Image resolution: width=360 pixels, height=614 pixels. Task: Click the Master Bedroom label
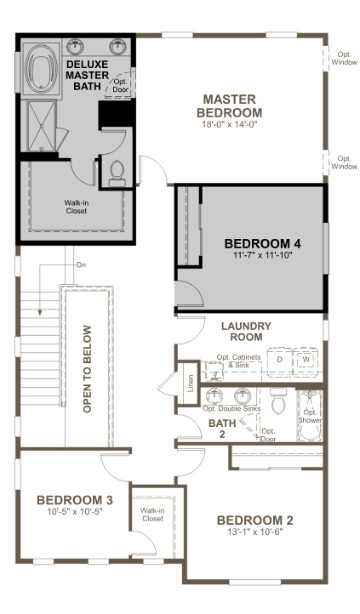[229, 105]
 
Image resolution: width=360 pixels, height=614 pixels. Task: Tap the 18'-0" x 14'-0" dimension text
[229, 124]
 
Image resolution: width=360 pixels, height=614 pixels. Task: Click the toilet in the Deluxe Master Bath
[117, 174]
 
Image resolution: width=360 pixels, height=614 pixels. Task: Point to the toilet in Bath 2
[278, 401]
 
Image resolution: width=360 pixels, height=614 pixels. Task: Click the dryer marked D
[280, 361]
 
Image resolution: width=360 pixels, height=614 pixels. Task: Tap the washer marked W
[306, 360]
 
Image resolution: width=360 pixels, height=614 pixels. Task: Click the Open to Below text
[87, 369]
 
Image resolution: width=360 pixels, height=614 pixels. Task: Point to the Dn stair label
[81, 264]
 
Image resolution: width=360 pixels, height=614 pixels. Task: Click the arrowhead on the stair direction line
[40, 312]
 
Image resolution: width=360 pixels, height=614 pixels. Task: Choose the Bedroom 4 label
[262, 243]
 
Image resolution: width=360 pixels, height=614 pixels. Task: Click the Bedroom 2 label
[254, 520]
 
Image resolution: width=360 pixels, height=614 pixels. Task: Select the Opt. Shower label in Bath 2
[310, 416]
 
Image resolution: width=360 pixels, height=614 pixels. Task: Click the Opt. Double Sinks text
[231, 409]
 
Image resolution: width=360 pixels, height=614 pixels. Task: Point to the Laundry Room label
[246, 332]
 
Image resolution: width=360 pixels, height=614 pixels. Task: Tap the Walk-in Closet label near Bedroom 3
[152, 515]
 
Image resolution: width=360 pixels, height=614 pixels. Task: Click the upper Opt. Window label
[345, 59]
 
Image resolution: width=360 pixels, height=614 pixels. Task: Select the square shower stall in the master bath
[41, 126]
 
